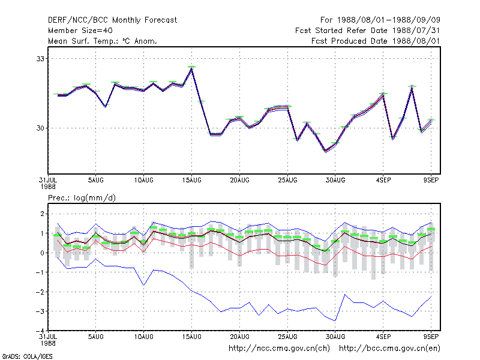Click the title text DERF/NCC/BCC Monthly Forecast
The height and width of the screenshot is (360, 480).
click(112, 20)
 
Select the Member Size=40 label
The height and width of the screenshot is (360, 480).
click(80, 31)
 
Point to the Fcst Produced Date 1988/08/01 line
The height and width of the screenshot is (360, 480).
click(376, 41)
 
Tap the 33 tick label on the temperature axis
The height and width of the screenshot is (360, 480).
click(40, 58)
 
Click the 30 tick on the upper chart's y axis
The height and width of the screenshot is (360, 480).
click(40, 128)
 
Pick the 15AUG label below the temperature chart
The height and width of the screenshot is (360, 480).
click(191, 180)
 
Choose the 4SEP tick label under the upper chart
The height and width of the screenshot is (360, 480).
click(383, 180)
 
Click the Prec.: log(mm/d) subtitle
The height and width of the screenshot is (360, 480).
click(82, 198)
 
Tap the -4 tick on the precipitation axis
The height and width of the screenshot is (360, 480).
click(40, 331)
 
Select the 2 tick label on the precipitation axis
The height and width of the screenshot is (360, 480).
click(42, 214)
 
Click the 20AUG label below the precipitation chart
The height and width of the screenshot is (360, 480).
click(239, 337)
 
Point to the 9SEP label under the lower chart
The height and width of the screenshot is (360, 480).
click(431, 337)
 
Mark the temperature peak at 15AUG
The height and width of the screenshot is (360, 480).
click(191, 68)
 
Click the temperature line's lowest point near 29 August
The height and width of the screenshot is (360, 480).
click(325, 151)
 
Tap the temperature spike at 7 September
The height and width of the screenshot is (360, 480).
click(412, 88)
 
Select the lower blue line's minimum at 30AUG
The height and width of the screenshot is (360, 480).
click(335, 321)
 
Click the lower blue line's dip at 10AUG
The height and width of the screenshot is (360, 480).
click(143, 285)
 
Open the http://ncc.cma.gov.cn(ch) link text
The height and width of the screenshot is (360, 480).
click(279, 349)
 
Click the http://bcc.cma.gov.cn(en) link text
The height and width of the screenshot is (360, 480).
click(389, 349)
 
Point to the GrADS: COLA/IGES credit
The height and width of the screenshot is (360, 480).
click(27, 356)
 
